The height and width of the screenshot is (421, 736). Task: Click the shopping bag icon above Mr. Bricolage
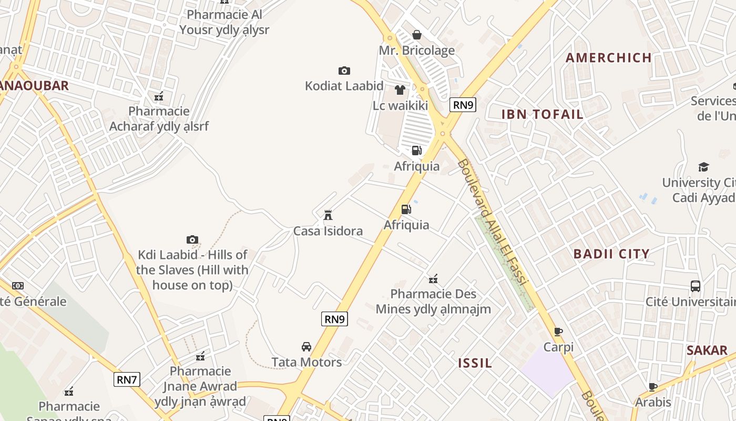[417, 35]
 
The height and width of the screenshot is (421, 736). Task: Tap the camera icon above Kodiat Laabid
[344, 71]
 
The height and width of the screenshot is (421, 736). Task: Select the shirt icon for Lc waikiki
[400, 90]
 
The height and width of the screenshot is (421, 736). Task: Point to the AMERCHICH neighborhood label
[609, 58]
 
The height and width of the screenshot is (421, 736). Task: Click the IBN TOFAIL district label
[542, 114]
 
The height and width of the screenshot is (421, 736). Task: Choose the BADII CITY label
[611, 254]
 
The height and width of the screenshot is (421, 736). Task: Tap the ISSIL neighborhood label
[475, 363]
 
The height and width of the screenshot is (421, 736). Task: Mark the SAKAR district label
[707, 350]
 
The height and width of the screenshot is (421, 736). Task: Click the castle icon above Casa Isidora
[328, 215]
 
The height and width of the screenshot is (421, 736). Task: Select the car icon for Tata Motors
[306, 346]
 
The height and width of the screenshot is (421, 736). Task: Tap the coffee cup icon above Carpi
[558, 332]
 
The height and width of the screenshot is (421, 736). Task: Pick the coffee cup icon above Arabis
[653, 387]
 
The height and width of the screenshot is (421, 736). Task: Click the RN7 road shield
[127, 379]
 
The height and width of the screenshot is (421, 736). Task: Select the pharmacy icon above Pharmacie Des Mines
[433, 278]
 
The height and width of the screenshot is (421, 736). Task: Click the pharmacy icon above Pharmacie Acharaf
[159, 96]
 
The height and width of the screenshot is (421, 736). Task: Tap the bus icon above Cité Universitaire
[695, 286]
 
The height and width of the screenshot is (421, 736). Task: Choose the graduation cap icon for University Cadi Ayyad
[703, 167]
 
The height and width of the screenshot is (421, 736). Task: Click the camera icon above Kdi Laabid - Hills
[192, 240]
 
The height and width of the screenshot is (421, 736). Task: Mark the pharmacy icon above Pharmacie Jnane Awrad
[200, 356]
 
